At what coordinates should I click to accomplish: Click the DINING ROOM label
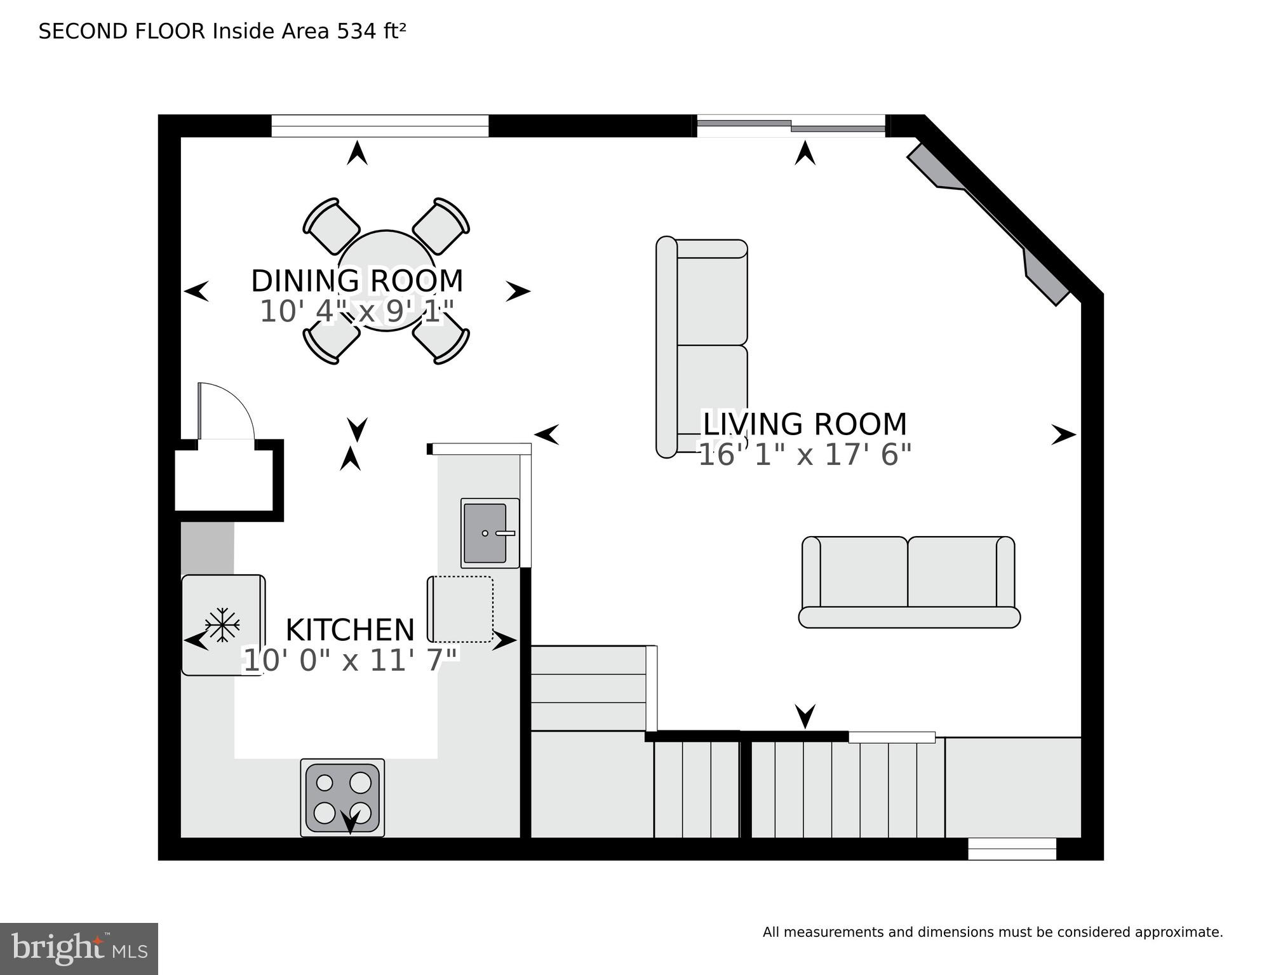[357, 281]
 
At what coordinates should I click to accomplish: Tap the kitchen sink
[486, 533]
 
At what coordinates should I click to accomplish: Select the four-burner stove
[342, 798]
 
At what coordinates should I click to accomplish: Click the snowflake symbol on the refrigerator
[222, 625]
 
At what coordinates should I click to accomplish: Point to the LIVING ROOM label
[804, 424]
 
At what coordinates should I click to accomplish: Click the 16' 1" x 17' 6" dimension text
[804, 455]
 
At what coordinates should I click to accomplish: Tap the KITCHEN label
[350, 630]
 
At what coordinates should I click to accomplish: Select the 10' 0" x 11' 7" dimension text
[350, 661]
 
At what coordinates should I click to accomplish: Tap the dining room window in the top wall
[380, 126]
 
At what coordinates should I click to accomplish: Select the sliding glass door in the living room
[791, 126]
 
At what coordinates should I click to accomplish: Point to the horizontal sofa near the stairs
[909, 582]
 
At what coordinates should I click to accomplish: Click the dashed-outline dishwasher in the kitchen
[461, 609]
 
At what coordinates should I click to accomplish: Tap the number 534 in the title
[356, 31]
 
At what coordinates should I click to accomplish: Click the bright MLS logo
[79, 948]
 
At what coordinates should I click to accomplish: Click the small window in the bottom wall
[1012, 849]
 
